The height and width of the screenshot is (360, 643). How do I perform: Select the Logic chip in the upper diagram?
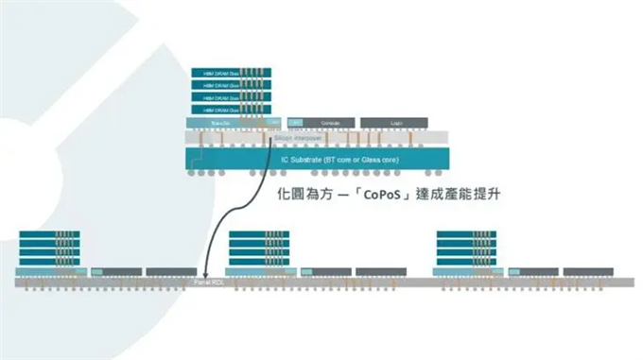click(x=394, y=123)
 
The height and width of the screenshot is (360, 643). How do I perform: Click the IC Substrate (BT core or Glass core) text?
click(x=340, y=158)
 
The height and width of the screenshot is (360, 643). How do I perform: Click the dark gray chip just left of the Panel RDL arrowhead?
click(x=171, y=271)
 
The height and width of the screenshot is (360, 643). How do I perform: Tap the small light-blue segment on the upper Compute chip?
click(x=295, y=123)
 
